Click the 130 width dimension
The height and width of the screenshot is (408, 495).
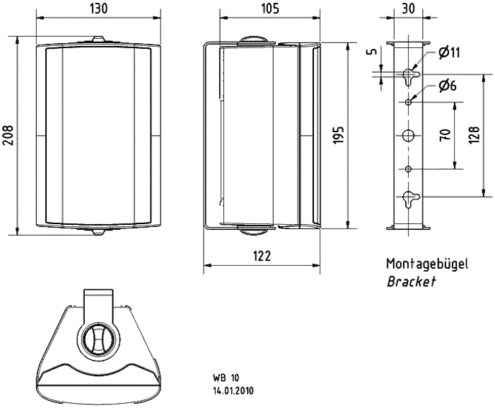99,8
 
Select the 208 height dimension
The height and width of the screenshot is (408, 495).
8,136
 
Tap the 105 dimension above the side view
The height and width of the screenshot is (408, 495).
271,8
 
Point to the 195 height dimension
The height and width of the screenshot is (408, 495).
339,136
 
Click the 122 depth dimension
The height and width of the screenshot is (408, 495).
262,256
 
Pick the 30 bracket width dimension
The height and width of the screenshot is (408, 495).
409,8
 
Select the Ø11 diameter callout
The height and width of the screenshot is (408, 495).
449,52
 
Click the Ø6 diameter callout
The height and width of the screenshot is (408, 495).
448,86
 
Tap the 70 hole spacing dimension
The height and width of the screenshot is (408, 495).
445,135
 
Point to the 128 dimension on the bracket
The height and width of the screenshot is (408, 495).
474,135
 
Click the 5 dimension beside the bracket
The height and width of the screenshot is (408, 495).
373,52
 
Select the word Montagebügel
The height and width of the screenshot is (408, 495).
427,264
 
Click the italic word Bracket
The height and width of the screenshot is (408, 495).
412,281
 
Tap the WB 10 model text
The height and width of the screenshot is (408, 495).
226,378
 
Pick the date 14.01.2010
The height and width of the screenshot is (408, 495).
233,391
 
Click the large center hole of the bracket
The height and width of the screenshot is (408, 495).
408,136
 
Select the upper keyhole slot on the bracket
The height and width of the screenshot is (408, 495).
409,76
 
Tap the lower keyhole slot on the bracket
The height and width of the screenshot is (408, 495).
409,199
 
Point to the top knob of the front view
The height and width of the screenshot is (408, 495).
98,39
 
